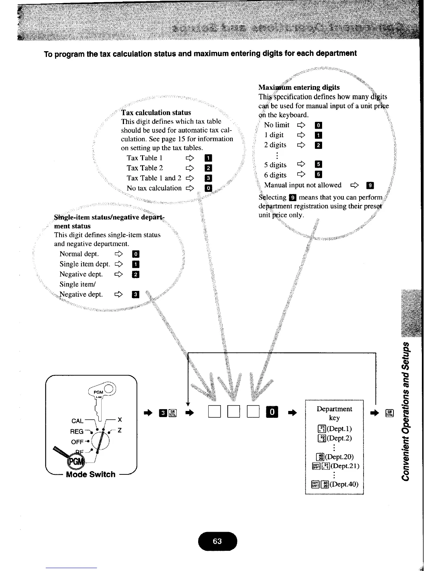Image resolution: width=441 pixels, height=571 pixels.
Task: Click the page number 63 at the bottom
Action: pyautogui.click(x=217, y=541)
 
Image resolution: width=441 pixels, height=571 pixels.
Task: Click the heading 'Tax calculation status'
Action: pyautogui.click(x=156, y=112)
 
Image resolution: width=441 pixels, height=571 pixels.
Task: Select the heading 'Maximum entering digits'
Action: pyautogui.click(x=299, y=87)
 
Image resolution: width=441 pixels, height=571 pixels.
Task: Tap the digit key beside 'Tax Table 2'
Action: pyautogui.click(x=208, y=168)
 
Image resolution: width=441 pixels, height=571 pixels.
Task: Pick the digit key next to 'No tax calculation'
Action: pyautogui.click(x=208, y=188)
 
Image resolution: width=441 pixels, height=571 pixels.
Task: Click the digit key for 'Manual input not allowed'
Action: pyautogui.click(x=370, y=186)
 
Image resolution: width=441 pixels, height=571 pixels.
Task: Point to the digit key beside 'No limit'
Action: pyautogui.click(x=318, y=125)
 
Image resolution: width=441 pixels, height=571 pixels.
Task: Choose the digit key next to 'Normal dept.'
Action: pyautogui.click(x=136, y=254)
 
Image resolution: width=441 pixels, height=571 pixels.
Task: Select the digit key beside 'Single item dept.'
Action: pyautogui.click(x=136, y=264)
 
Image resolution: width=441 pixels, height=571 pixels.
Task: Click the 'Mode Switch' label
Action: pyautogui.click(x=91, y=474)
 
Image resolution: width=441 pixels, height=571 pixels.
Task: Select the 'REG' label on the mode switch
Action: pyautogui.click(x=77, y=431)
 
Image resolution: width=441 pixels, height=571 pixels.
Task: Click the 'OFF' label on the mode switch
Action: pyautogui.click(x=77, y=442)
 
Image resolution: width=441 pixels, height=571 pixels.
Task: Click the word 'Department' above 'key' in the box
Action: pyautogui.click(x=334, y=409)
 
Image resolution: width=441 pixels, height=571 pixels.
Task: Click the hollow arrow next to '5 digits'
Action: pyautogui.click(x=301, y=165)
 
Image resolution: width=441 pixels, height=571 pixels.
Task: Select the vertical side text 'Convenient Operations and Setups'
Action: pyautogui.click(x=406, y=411)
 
